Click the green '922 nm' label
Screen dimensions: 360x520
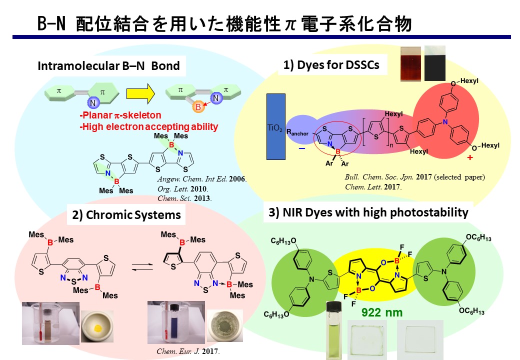pos(381,314)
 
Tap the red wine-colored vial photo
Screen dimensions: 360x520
pos(410,63)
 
